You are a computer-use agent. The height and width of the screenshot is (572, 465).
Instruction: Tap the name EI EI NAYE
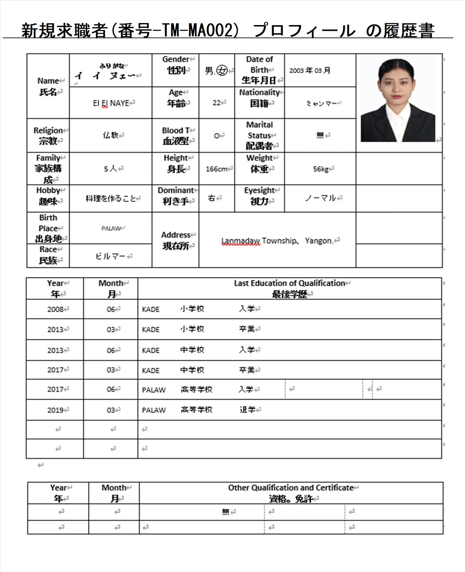(x=111, y=103)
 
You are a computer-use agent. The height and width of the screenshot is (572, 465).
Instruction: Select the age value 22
(x=217, y=103)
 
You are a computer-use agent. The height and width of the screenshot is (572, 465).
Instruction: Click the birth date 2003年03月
(x=310, y=71)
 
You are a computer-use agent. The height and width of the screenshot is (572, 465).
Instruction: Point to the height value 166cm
(x=216, y=169)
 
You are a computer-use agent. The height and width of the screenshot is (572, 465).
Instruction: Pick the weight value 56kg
(x=321, y=169)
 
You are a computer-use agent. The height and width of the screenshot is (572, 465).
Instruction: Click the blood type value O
(x=217, y=136)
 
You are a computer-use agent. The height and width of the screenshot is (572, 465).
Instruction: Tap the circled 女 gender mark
(x=222, y=71)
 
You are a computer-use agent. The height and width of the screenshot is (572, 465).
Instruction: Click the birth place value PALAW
(x=111, y=228)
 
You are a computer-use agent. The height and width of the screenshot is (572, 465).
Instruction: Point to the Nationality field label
(x=260, y=92)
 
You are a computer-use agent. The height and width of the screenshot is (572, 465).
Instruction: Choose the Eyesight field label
(x=260, y=190)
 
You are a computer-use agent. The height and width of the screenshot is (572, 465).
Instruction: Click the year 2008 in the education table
(x=55, y=309)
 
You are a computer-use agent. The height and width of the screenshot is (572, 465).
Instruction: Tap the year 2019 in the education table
(x=55, y=410)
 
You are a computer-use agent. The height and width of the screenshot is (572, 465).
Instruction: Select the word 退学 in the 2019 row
(x=247, y=410)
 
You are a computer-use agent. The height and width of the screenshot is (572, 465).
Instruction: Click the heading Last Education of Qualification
(x=289, y=283)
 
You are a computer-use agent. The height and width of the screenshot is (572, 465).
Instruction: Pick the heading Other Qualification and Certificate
(x=291, y=488)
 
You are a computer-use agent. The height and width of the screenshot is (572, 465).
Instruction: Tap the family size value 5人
(x=111, y=169)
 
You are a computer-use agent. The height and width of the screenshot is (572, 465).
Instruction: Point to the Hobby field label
(x=48, y=190)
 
